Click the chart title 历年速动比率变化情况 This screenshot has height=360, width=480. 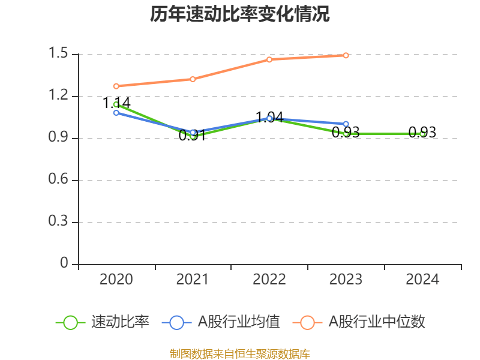240,14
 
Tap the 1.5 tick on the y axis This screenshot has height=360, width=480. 59,54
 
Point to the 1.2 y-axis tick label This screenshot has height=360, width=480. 59,96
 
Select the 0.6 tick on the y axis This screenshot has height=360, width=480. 59,180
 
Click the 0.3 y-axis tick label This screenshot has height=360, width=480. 59,222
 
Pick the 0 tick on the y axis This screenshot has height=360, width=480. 65,264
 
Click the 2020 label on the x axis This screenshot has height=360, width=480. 116,280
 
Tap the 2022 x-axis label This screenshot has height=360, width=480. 269,280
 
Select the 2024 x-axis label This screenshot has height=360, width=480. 422,280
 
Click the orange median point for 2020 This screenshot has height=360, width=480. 116,86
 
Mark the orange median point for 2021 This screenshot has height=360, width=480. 193,79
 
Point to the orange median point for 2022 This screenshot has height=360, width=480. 269,59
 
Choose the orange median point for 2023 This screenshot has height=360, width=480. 346,55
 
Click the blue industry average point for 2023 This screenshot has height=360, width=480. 346,124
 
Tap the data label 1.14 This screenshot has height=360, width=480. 116,103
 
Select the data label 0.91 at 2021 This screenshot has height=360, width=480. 193,136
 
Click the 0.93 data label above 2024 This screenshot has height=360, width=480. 422,133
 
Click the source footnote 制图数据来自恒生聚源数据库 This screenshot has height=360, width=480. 240,353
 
